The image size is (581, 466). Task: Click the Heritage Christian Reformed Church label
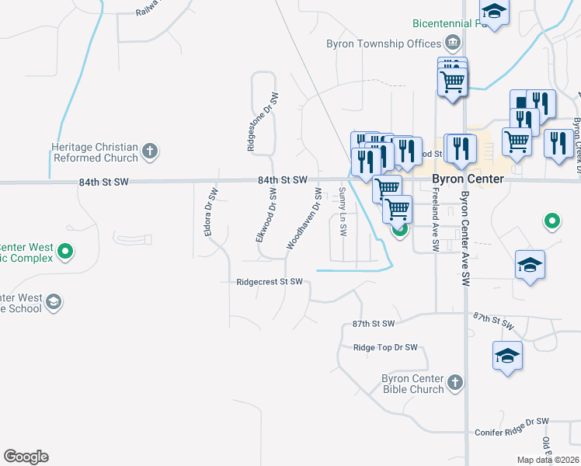(x=94, y=151)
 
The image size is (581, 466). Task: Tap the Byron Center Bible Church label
(x=412, y=384)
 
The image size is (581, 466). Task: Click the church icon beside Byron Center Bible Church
(x=455, y=383)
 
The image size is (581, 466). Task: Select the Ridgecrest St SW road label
(x=270, y=282)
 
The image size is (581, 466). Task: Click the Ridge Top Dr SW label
(x=385, y=348)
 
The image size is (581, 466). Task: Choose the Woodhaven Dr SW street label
(x=304, y=217)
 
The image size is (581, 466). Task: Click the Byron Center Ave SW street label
(x=465, y=238)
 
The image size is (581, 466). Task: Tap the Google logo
(x=26, y=457)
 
